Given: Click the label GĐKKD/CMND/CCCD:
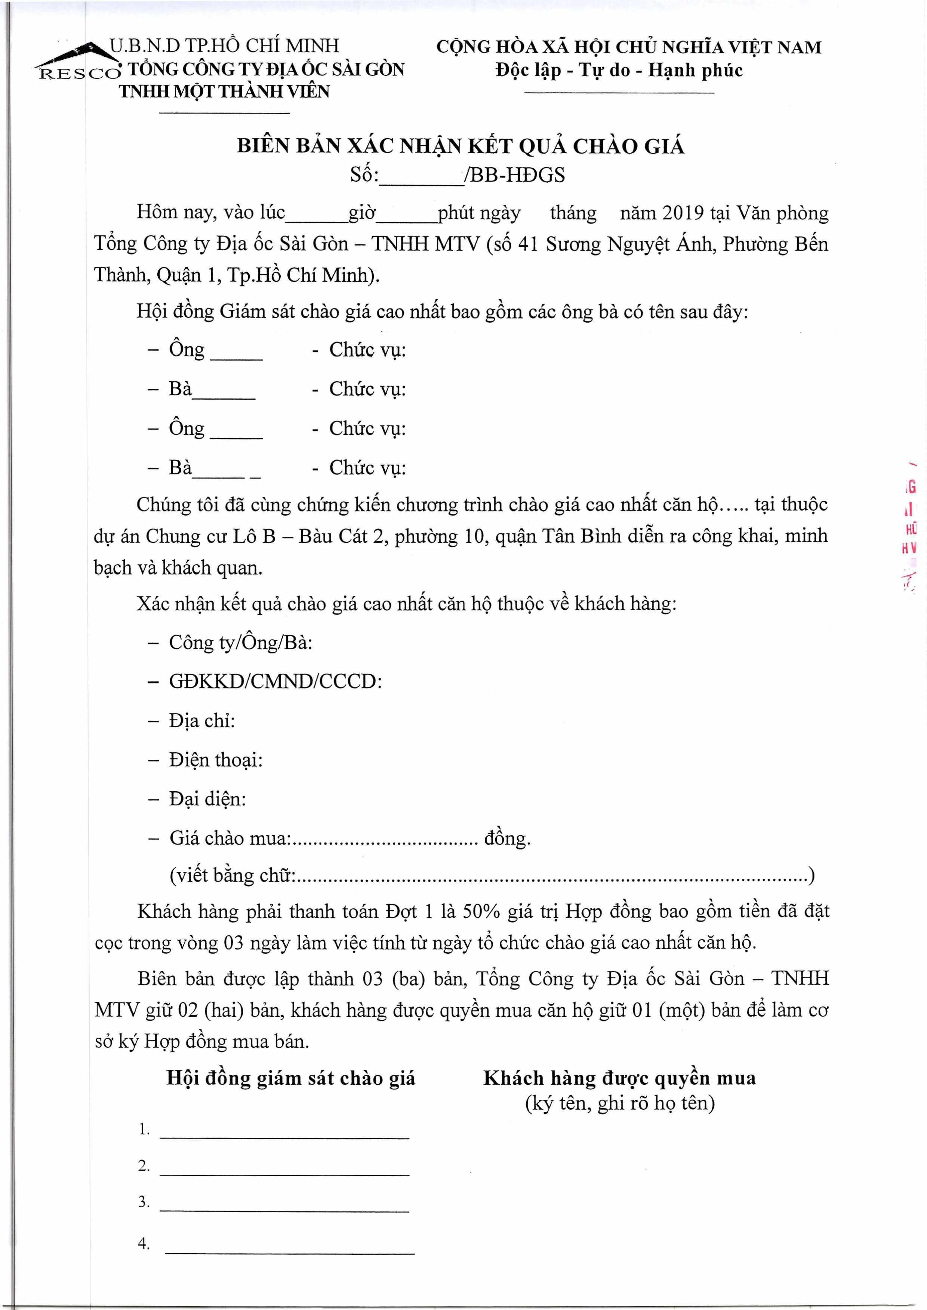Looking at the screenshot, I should (x=275, y=681).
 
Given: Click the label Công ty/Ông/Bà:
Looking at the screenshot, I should (x=240, y=642).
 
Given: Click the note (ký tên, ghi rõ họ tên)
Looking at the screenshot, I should (x=619, y=1103).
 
